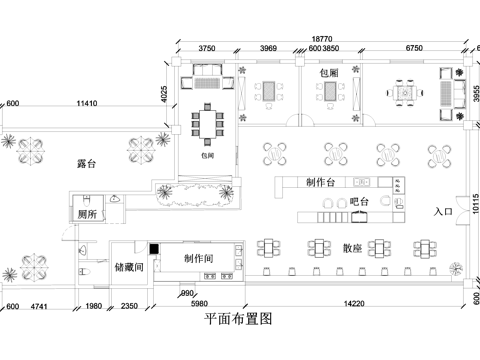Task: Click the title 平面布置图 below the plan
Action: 237,318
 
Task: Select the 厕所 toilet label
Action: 87,214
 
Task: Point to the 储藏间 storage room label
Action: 130,267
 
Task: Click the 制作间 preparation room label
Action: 204,258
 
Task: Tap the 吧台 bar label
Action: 361,203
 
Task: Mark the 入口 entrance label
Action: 443,212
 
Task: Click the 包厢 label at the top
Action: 329,73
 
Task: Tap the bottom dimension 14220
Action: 351,304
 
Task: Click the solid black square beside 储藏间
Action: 155,249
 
